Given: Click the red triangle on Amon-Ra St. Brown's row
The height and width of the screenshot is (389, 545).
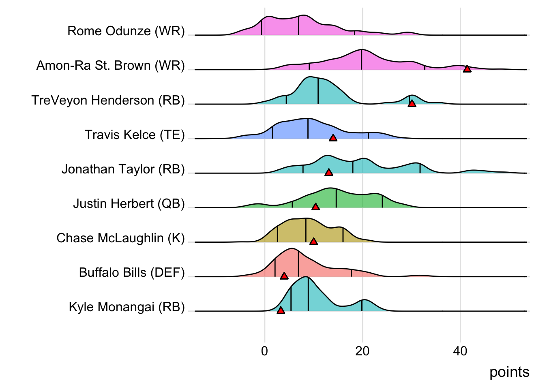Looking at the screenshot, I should click(467, 69).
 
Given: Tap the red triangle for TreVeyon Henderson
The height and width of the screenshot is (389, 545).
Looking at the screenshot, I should click(412, 103).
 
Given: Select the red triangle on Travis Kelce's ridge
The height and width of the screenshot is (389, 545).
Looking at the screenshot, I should click(333, 138).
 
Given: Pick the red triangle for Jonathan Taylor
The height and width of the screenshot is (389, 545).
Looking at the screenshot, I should click(329, 173).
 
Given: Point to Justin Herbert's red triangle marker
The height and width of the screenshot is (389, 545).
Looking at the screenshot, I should click(315, 207).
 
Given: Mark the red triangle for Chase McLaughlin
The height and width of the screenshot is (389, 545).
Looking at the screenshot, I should click(313, 242).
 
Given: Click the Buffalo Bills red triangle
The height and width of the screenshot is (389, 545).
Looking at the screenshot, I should click(284, 276).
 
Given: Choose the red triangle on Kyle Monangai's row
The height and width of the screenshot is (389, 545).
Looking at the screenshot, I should click(281, 310).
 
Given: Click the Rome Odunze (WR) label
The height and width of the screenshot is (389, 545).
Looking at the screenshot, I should click(126, 31).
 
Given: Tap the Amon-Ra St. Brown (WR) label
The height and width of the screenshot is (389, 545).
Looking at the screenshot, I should click(111, 65).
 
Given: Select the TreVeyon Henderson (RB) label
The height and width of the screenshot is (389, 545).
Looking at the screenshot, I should click(108, 100).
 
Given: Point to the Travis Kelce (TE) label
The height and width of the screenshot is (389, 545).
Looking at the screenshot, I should click(135, 135).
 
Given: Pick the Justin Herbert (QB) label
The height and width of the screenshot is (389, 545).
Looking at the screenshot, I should click(129, 203).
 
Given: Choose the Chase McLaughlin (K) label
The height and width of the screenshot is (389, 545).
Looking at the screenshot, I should click(120, 238).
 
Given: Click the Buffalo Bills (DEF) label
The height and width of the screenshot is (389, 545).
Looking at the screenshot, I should click(132, 272).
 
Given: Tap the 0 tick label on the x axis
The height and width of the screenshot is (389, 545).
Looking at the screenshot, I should click(265, 351).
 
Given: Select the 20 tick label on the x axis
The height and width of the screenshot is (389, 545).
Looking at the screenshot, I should click(362, 351).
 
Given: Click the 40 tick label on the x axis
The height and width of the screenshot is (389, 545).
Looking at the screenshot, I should click(460, 351).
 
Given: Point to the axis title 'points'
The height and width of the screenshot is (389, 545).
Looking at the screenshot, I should click(509, 372).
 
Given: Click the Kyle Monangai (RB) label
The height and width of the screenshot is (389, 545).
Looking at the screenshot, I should click(127, 307).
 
